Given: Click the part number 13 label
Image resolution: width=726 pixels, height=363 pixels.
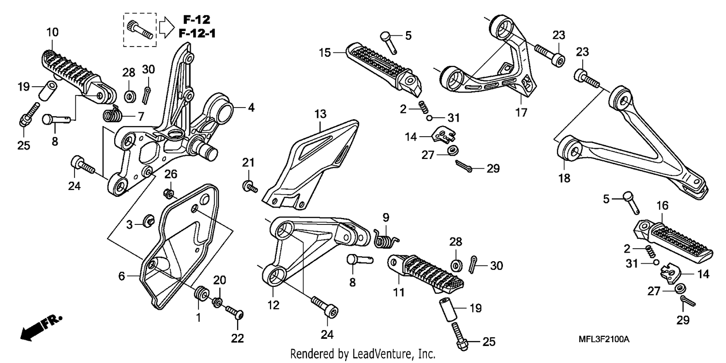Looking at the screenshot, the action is point(320,114).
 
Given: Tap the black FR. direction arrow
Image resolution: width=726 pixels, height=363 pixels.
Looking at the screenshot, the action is point(41,327).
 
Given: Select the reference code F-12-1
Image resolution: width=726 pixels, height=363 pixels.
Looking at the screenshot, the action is point(197,33).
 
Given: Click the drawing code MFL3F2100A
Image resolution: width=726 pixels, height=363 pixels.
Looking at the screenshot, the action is point(604,339).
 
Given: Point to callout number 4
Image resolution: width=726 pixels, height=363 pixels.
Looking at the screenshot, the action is point(251,108).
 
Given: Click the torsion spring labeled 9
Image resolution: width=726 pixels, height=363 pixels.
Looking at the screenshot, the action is point(386,239).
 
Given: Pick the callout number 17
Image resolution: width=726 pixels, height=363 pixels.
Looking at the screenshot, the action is point(521,112).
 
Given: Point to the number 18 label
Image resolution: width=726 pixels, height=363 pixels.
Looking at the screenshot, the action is point(564,178).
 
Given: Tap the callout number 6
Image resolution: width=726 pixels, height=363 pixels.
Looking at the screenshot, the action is point(121,276).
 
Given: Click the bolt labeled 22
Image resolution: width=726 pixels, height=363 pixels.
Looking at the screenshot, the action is point(235,313).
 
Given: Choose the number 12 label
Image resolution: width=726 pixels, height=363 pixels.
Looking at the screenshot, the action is point(273,305).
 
